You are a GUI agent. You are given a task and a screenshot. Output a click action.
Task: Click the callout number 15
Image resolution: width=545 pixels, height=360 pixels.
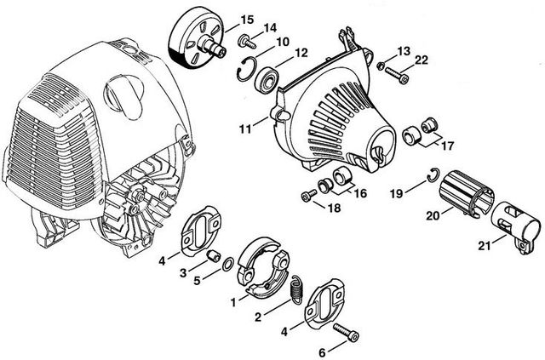click(247, 20)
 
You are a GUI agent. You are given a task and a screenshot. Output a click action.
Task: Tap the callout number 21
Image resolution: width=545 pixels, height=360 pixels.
click(485, 246)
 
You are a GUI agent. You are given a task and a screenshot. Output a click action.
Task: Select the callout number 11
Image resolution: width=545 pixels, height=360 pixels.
click(245, 129)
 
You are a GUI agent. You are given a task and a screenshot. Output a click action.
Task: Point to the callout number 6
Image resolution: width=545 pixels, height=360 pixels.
click(322, 352)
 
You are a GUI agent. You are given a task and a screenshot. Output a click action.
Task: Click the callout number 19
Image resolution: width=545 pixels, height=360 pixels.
click(396, 193)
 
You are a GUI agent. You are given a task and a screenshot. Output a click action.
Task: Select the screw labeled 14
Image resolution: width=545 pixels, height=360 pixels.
click(247, 42)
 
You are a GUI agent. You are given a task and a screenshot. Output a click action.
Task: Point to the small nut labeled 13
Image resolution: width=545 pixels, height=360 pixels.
click(381, 66)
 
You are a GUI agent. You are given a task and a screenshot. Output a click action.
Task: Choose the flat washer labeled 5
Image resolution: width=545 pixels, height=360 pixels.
click(227, 266)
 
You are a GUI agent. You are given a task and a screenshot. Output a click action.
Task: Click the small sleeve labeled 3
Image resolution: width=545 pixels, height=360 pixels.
click(213, 256)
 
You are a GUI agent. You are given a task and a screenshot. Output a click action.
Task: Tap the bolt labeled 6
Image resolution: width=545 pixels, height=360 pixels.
click(346, 333)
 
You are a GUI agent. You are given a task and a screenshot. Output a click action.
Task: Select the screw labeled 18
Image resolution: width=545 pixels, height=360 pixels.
click(309, 195)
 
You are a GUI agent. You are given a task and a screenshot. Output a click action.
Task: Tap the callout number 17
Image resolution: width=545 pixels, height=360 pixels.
click(448, 146)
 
